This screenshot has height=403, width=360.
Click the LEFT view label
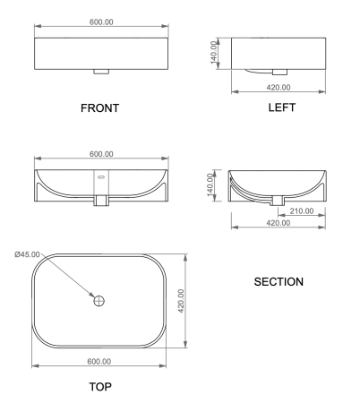pos(280,108)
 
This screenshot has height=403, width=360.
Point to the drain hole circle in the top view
pos(99,302)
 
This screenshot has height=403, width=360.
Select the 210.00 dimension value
pos(302,211)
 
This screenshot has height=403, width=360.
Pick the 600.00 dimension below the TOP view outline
pos(99,361)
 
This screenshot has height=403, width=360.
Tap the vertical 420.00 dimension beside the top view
pos(180,302)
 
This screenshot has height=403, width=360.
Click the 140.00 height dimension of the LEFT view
pos(215,54)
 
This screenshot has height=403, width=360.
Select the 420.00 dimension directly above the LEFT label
pos(280,88)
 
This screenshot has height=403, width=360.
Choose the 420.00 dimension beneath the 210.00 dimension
pos(280,222)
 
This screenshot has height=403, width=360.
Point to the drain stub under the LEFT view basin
pos(280,70)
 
